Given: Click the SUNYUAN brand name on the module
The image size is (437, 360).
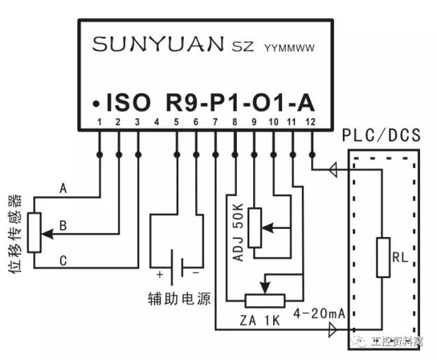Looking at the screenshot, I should pyautogui.click(x=157, y=44).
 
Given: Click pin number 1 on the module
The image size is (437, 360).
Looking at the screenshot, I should pyautogui.click(x=100, y=123).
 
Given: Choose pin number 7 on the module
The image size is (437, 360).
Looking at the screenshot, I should pyautogui.click(x=215, y=123).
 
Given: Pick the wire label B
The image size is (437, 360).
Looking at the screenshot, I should pyautogui.click(x=63, y=223).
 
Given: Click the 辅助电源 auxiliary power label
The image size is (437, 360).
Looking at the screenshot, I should pyautogui.click(x=180, y=299).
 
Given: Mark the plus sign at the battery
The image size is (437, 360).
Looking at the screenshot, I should pyautogui.click(x=160, y=275).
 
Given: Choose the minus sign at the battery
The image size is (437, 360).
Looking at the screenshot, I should pyautogui.click(x=197, y=274).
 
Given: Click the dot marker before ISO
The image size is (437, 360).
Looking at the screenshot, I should pyautogui.click(x=98, y=104).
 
